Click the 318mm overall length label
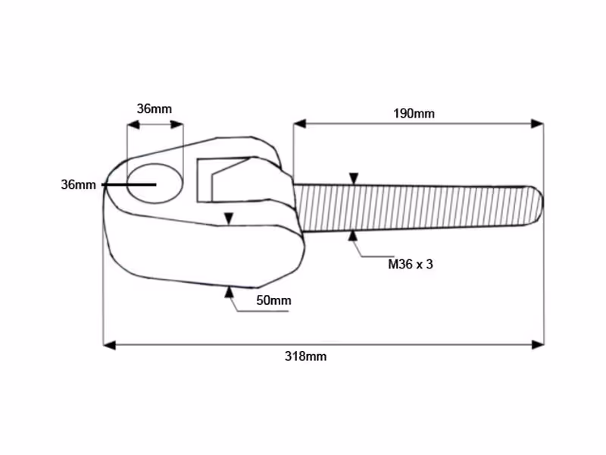click(305, 356)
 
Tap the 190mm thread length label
click(414, 113)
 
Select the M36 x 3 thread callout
click(410, 264)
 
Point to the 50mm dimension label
click(273, 300)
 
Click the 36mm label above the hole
click(155, 108)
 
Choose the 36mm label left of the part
click(79, 184)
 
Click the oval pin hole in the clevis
click(155, 184)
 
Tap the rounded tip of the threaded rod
click(536, 205)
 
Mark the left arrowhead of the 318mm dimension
click(109, 344)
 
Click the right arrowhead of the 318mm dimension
click(538, 344)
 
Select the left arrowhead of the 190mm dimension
click(299, 124)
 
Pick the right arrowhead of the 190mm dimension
click(537, 124)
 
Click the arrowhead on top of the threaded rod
click(354, 179)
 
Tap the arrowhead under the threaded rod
click(352, 236)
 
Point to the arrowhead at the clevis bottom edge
click(230, 292)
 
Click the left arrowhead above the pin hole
click(133, 124)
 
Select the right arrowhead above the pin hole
click(176, 124)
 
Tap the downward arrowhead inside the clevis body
click(229, 218)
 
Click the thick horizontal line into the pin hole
click(129, 185)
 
